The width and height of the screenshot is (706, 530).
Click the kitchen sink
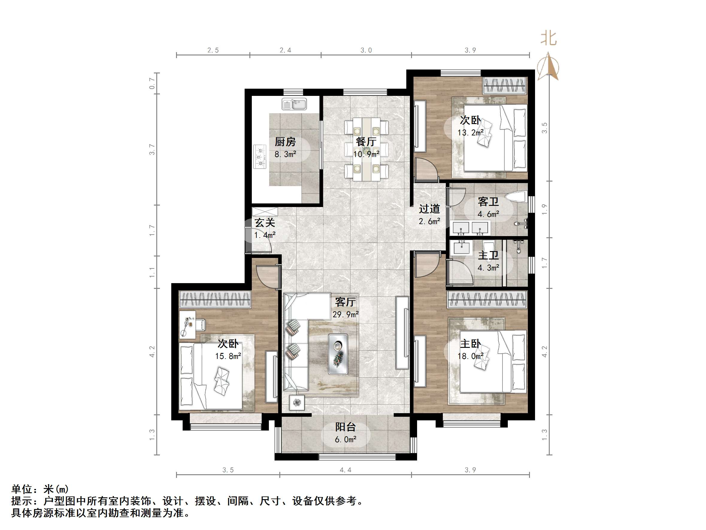(294, 104)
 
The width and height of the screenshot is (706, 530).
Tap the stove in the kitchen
(260, 157)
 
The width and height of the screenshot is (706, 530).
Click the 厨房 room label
(285, 141)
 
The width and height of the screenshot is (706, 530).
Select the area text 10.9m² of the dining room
(366, 154)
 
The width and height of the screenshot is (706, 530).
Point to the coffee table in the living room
(338, 354)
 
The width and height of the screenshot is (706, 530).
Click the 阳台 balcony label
(345, 427)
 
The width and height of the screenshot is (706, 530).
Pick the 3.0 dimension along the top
(366, 50)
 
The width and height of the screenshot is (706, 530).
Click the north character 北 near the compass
(549, 39)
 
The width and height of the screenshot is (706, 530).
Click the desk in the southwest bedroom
(187, 324)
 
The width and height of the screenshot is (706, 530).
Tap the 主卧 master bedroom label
(470, 344)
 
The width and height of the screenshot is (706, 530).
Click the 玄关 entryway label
(265, 223)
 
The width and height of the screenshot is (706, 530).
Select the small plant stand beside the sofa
(297, 403)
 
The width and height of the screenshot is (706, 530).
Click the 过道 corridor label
(429, 209)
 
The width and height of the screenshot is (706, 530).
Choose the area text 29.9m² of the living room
(345, 314)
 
